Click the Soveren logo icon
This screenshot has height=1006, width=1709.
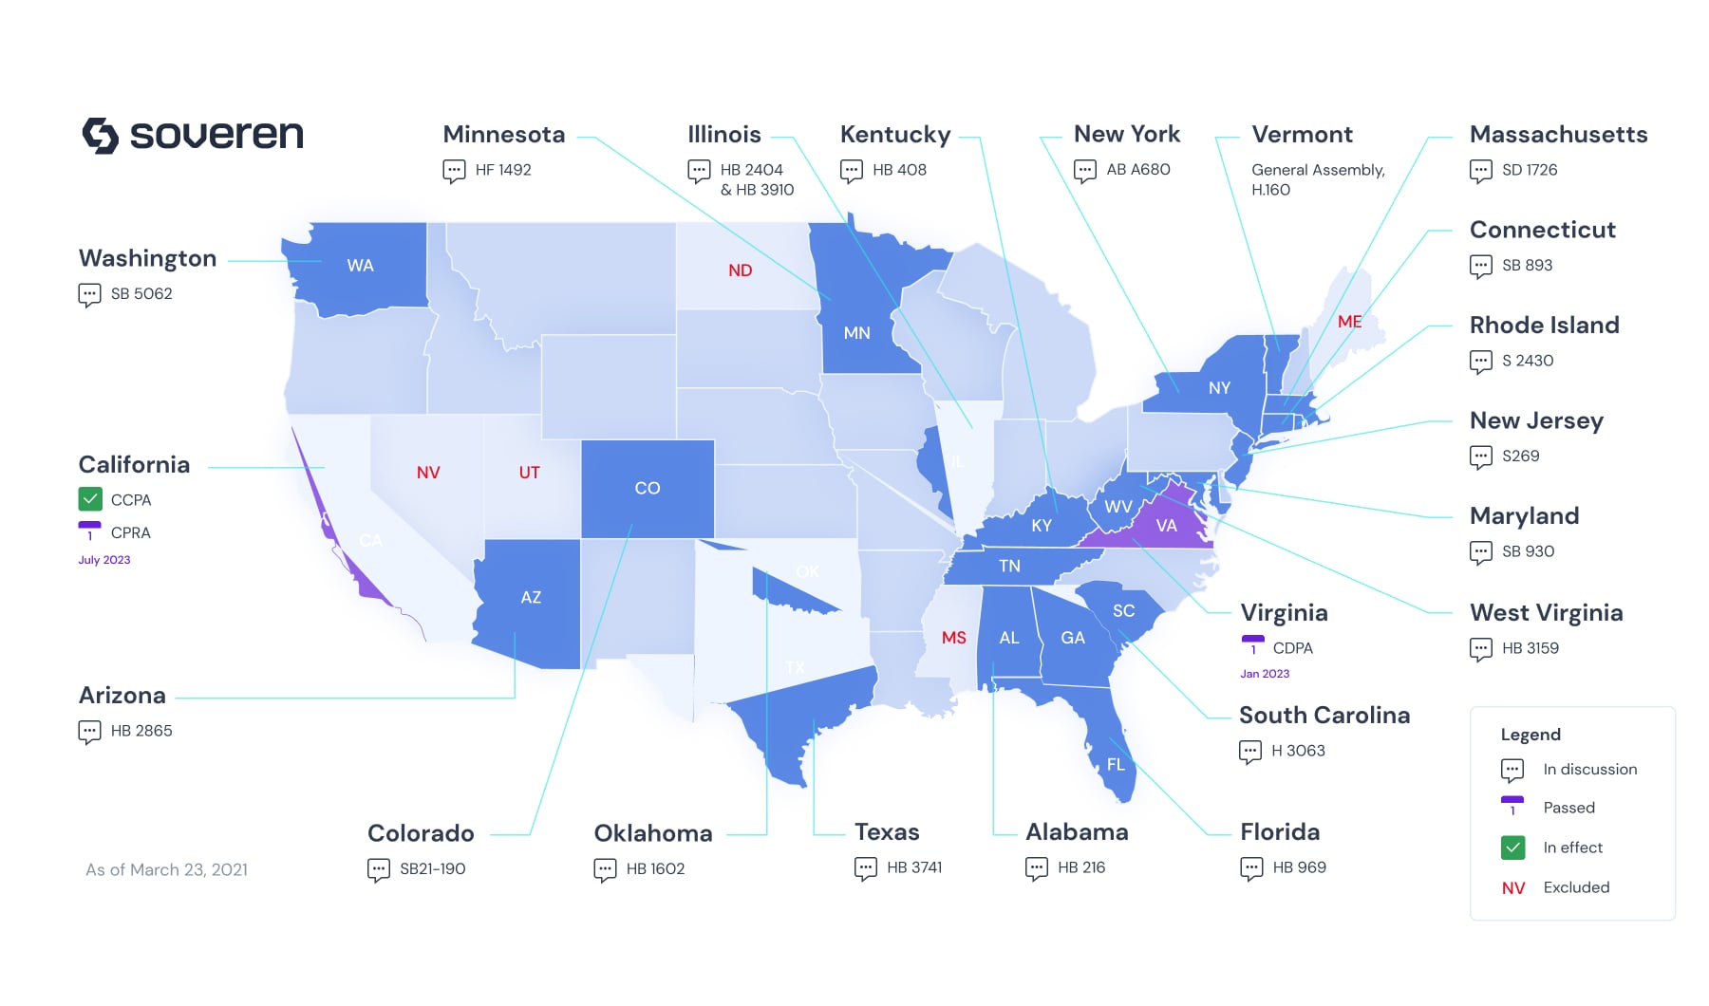[100, 136]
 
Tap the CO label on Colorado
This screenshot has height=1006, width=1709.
[648, 488]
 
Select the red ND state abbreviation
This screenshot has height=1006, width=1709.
[741, 270]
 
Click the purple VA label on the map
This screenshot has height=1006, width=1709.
[1166, 526]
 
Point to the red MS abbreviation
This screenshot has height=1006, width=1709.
[953, 638]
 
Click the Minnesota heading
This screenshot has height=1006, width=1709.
[504, 135]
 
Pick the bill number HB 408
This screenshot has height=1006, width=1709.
[899, 170]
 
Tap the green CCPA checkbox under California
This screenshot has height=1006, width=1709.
[90, 499]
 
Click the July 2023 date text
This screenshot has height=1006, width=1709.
[104, 560]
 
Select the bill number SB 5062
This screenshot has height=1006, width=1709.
[141, 294]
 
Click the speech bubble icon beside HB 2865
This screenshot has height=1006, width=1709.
[90, 732]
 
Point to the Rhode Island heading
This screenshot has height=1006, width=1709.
[1544, 326]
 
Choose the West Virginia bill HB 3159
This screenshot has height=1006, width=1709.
[1530, 648]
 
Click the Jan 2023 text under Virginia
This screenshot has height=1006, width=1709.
[1265, 674]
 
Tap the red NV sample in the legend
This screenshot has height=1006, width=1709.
[1513, 888]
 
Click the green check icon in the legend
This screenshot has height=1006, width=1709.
[1513, 848]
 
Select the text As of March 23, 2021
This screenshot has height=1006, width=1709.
[167, 870]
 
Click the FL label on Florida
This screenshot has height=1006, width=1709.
[1116, 765]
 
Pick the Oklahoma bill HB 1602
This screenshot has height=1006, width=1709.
[655, 868]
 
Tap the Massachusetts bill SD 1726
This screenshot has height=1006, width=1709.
[1530, 170]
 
